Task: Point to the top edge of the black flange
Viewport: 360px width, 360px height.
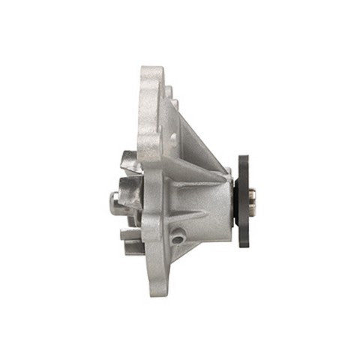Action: click(243, 157)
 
